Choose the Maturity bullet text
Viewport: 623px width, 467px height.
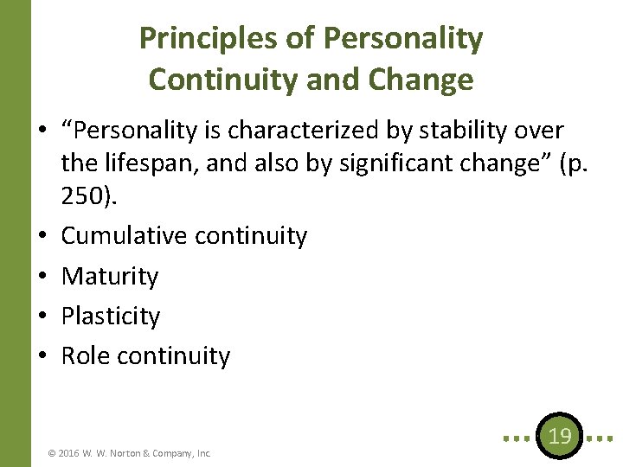tap(110, 277)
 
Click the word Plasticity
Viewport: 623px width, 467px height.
tap(111, 317)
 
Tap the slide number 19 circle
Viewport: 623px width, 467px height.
tap(560, 436)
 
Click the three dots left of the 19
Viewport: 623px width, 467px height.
tap(517, 438)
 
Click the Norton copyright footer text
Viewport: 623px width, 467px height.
tap(130, 452)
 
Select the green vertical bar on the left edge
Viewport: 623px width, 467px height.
tap(15, 233)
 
